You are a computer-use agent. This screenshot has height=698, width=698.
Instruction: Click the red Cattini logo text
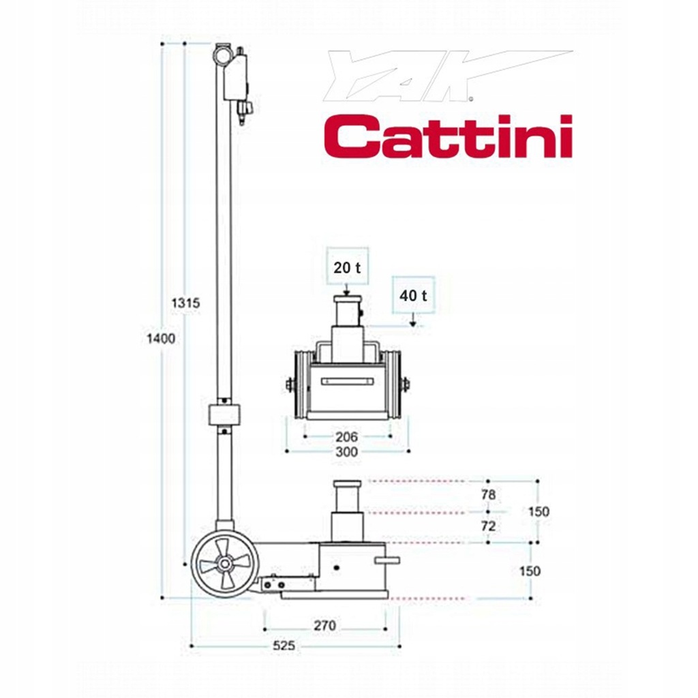pyautogui.click(x=447, y=136)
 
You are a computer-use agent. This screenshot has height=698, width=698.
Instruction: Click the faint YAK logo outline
pyautogui.click(x=436, y=75)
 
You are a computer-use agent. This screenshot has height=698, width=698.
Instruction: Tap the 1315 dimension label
pyautogui.click(x=185, y=303)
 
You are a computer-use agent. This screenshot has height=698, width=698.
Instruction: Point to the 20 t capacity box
pyautogui.click(x=347, y=267)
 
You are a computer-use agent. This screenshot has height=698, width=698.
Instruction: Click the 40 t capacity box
pyautogui.click(x=414, y=295)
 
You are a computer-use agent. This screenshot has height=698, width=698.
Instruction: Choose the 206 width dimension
pyautogui.click(x=347, y=436)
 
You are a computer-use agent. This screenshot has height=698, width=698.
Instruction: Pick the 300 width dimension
pyautogui.click(x=347, y=452)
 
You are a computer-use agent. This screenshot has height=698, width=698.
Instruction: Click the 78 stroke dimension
pyautogui.click(x=488, y=496)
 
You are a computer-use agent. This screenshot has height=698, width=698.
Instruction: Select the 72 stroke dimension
pyautogui.click(x=488, y=526)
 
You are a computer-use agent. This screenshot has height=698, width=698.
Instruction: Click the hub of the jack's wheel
pyautogui.click(x=222, y=566)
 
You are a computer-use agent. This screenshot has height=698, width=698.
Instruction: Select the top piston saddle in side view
pyautogui.click(x=346, y=485)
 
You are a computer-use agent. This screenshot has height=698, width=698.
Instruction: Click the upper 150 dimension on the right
pyautogui.click(x=538, y=511)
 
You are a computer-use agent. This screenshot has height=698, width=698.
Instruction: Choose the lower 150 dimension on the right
pyautogui.click(x=530, y=571)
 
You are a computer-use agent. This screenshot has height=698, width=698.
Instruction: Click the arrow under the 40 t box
pyautogui.click(x=414, y=322)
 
